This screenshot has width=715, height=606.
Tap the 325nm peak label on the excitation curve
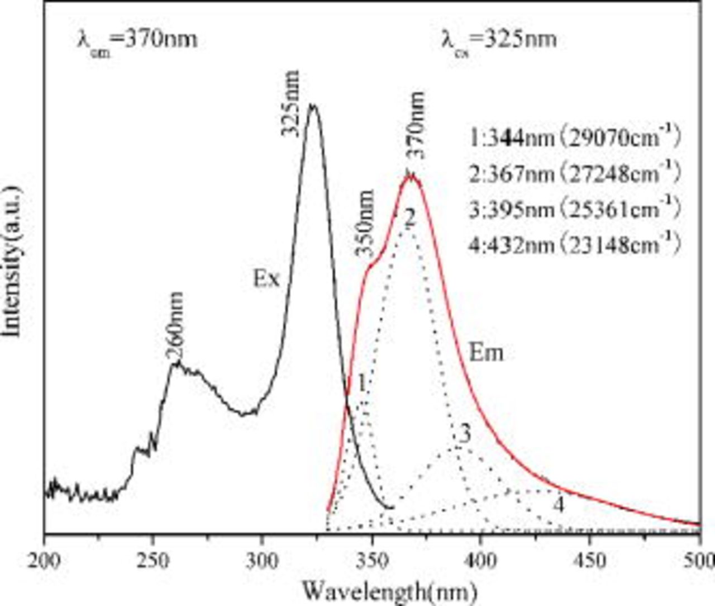point(290,104)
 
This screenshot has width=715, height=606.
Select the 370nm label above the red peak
point(414,126)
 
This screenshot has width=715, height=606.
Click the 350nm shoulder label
point(364,223)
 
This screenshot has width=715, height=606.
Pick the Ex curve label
point(266,278)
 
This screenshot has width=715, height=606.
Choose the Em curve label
point(485,353)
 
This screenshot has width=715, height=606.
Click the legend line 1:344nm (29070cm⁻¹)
point(575,137)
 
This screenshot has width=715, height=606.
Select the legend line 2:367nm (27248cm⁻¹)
point(575,173)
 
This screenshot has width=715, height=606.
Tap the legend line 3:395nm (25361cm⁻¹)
point(575,209)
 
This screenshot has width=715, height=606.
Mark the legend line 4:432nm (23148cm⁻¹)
point(575,245)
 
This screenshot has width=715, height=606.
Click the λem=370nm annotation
point(137,40)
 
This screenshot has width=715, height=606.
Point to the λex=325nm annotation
point(499,40)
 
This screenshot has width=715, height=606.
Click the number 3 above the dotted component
point(464,434)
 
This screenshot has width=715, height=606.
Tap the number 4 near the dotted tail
point(558,505)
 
